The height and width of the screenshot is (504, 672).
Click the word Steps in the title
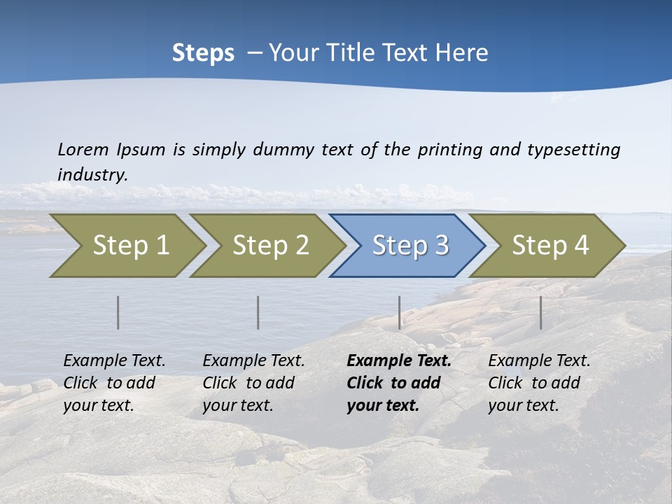point(203,53)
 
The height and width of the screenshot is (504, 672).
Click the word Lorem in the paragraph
point(83,149)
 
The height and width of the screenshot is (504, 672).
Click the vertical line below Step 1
point(118,312)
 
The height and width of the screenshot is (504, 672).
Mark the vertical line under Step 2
point(258,312)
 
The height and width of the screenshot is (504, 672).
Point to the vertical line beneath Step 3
point(399,312)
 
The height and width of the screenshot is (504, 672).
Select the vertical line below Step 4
point(540,312)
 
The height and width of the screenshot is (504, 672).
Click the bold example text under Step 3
point(398,383)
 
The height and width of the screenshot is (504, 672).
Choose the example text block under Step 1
point(114,383)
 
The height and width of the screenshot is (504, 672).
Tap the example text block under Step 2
point(253,383)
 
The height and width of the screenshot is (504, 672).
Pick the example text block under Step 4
point(539,383)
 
